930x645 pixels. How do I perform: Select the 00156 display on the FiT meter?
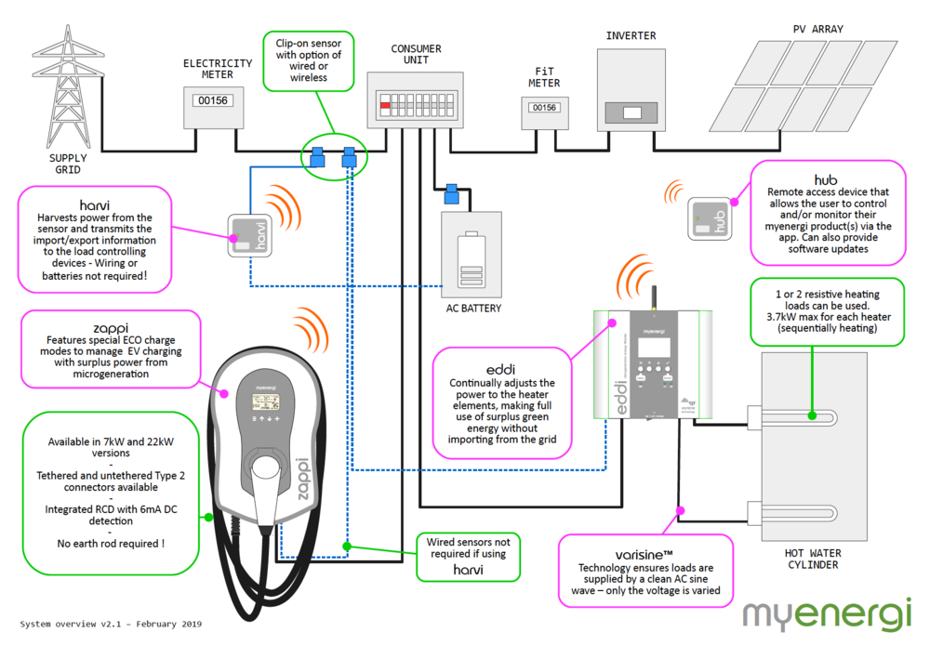[545, 108]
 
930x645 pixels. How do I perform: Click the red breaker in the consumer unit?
[385, 107]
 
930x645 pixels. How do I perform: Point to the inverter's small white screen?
[632, 113]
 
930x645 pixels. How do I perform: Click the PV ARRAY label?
[817, 29]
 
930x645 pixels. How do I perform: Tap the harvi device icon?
[248, 236]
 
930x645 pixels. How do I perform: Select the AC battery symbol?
[472, 262]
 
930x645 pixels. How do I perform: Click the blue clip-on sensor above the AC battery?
[452, 194]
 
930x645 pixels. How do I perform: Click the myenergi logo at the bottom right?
[827, 614]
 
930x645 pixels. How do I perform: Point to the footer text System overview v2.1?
[111, 624]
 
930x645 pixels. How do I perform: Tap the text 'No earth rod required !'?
[111, 543]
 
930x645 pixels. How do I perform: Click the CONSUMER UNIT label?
[416, 55]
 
